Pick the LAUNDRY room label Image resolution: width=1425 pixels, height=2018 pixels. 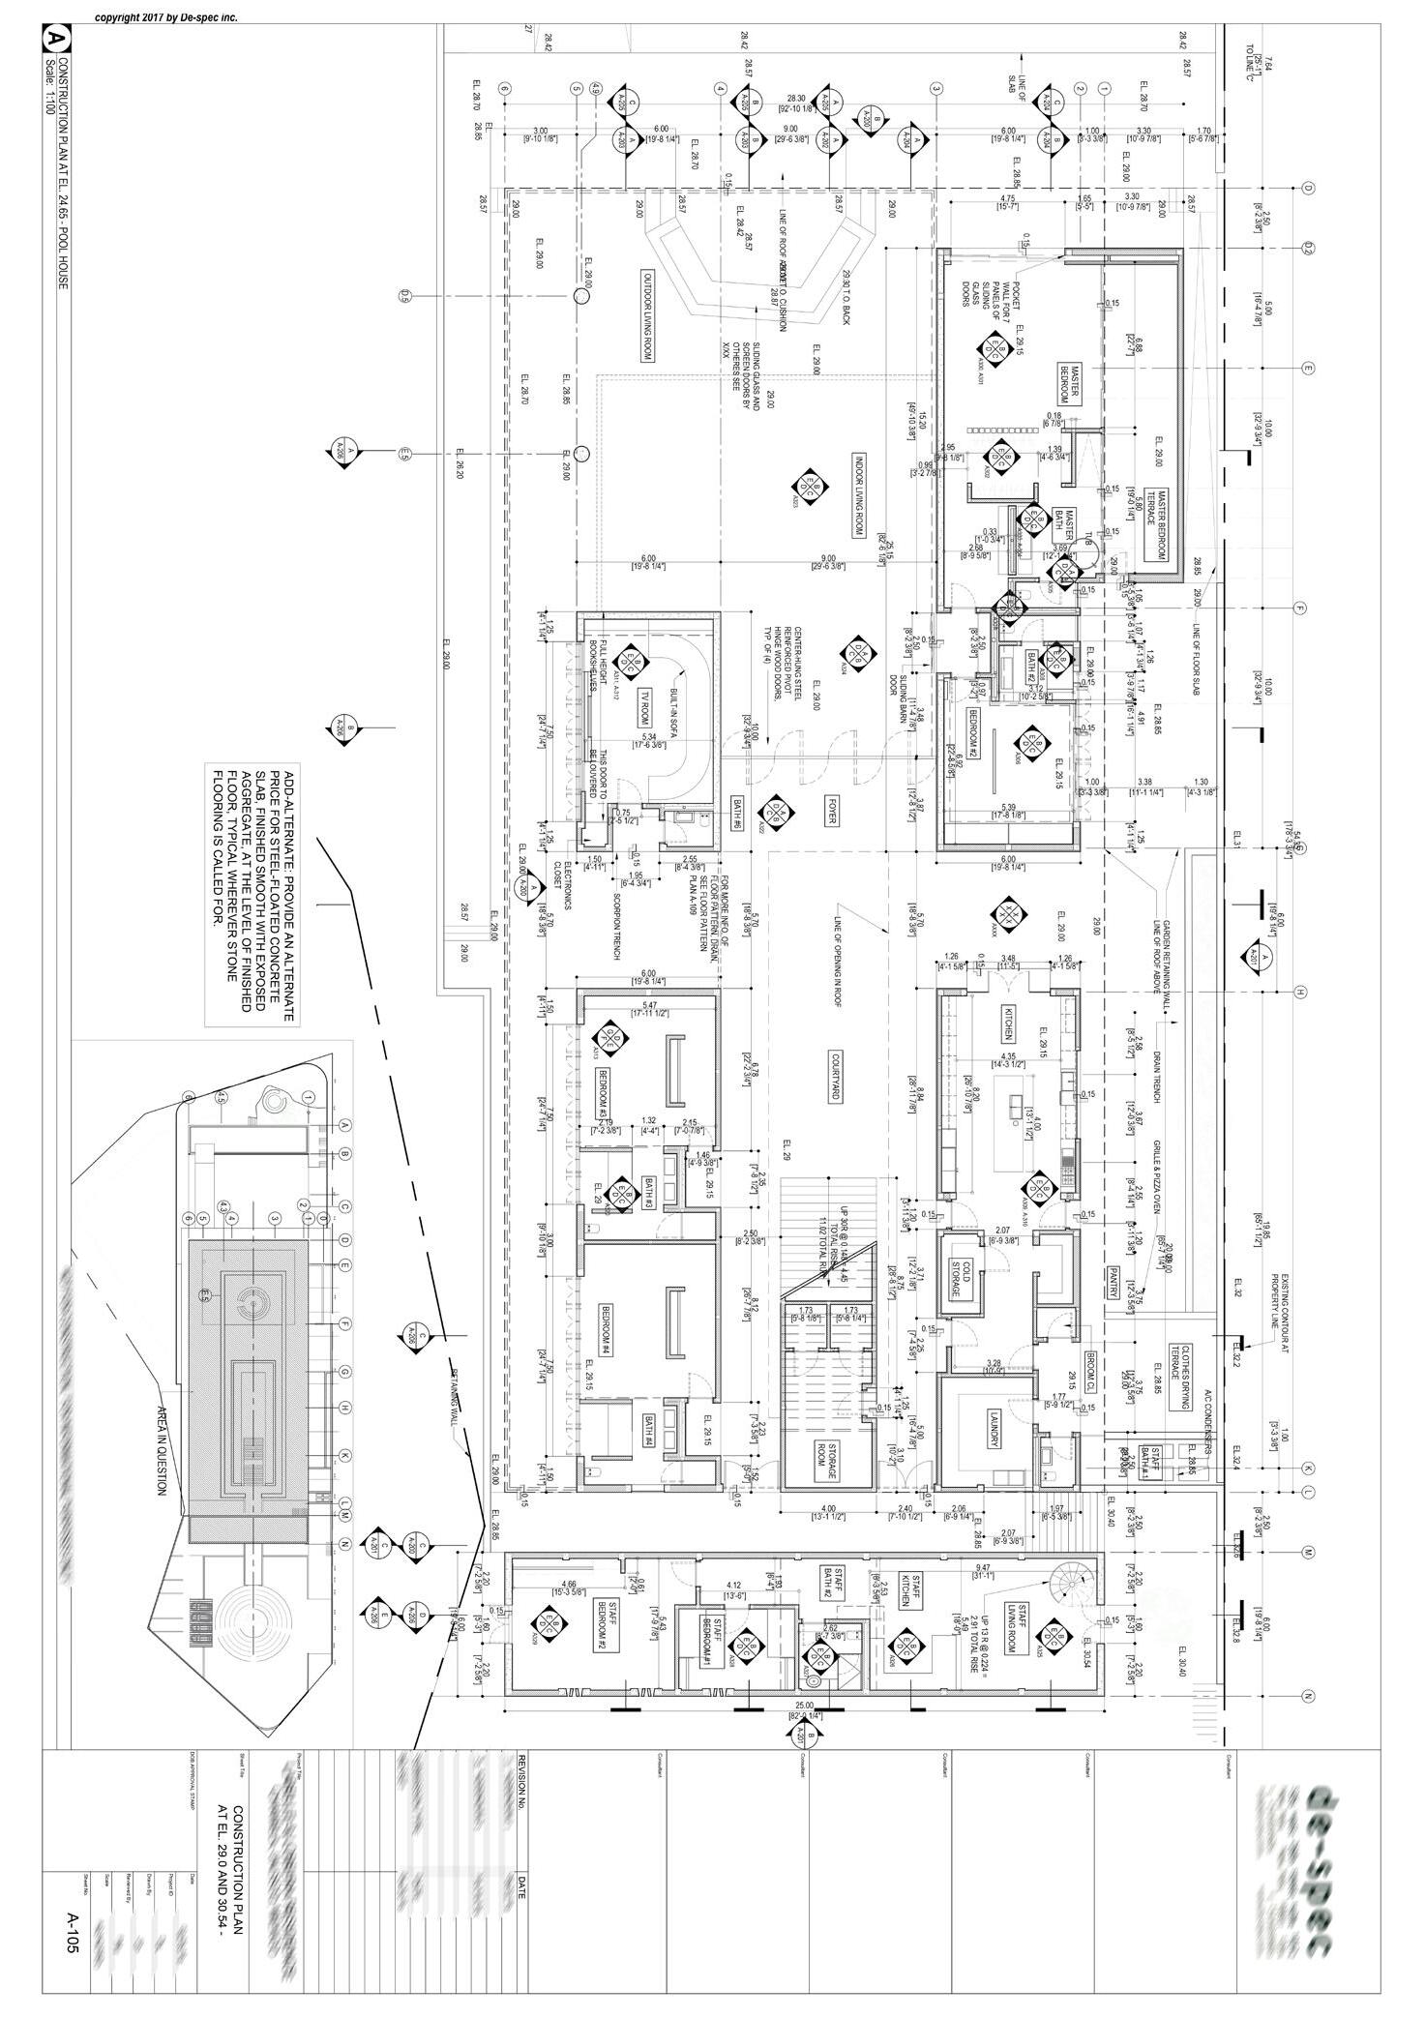pyautogui.click(x=993, y=1428)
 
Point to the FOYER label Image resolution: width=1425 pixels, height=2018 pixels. pyautogui.click(x=830, y=812)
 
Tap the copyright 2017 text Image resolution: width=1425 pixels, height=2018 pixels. pyautogui.click(x=165, y=17)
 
